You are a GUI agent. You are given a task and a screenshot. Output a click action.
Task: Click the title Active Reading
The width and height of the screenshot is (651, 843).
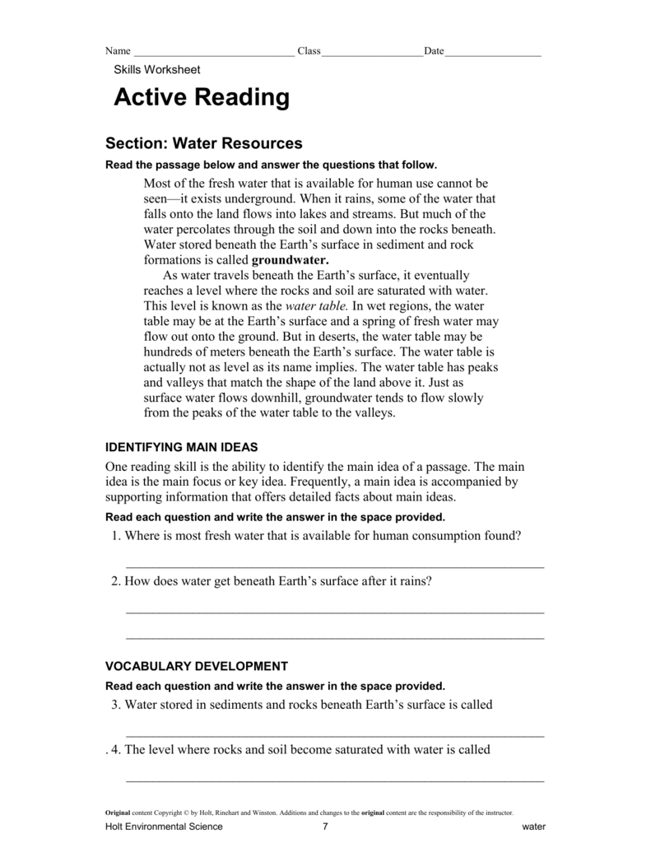202,98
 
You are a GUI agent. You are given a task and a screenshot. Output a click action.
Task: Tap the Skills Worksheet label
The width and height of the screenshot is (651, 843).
156,70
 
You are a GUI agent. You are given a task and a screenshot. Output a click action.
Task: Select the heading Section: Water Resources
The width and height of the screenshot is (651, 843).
204,143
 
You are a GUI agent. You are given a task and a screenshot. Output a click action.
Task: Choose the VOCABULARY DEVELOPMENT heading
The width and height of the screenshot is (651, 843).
197,666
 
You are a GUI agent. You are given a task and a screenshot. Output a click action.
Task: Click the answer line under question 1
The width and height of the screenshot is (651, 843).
334,567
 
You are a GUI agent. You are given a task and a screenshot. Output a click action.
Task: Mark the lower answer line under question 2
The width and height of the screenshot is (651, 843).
334,638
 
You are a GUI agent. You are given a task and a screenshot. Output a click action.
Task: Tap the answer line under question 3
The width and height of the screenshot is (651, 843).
334,735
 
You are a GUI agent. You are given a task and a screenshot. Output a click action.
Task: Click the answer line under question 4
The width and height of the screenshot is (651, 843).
334,780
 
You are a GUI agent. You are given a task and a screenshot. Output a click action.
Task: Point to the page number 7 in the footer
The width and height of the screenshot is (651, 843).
326,827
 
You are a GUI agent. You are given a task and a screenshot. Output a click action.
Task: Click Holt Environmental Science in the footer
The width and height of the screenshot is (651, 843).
164,827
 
